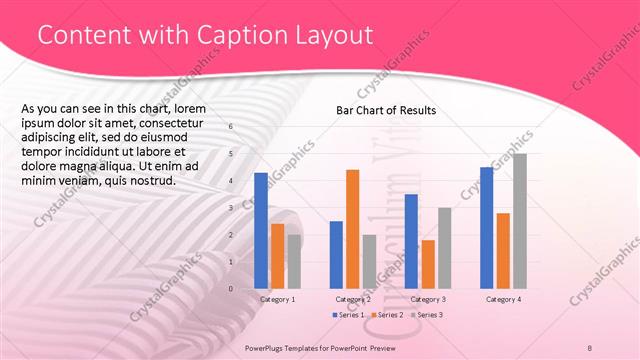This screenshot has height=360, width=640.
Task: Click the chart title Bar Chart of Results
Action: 385,110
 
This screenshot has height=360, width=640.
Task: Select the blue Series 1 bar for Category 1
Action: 261,230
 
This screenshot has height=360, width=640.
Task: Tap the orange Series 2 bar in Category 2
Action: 352,229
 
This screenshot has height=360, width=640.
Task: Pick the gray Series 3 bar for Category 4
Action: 519,221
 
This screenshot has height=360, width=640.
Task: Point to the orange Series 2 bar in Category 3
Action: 428,264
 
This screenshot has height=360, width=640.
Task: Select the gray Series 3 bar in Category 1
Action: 294,261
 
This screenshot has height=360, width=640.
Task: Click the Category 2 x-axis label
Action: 352,299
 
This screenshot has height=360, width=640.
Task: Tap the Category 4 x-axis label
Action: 503,299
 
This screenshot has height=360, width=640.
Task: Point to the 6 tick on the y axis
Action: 231,127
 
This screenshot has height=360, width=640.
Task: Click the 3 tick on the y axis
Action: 231,208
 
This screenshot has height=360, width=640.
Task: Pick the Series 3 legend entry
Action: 428,315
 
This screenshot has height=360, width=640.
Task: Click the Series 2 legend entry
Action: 389,315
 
